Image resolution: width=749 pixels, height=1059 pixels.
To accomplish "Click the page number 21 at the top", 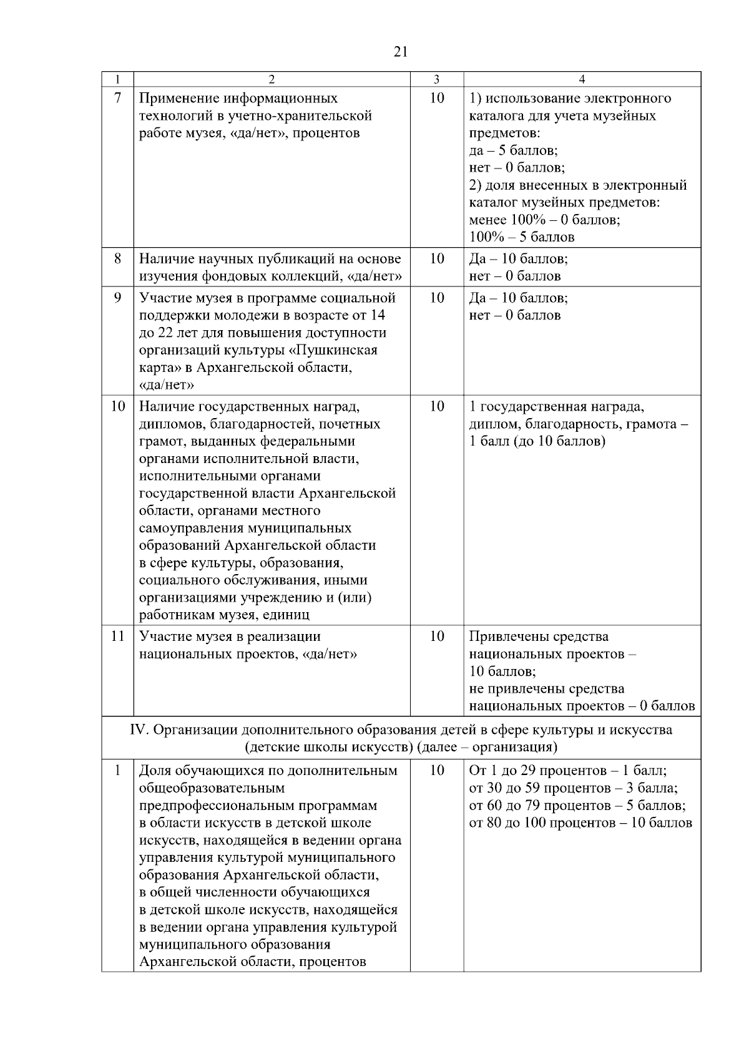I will (x=401, y=52).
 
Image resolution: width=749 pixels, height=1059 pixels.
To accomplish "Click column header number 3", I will (x=436, y=79).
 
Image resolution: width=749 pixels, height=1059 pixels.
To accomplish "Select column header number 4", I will (x=582, y=79).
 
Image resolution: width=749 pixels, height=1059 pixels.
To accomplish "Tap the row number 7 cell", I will (x=118, y=99).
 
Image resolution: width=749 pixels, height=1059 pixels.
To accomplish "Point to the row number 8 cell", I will (x=118, y=258).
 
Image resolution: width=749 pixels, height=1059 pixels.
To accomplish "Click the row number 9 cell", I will (x=118, y=298).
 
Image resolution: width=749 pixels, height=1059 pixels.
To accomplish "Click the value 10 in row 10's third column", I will (x=437, y=407).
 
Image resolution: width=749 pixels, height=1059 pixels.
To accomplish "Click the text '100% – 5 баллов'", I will (x=522, y=237).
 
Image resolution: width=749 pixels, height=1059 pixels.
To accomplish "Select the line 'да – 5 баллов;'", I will (x=513, y=150).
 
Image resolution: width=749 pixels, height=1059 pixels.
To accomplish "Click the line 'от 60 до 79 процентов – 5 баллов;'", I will (x=577, y=806).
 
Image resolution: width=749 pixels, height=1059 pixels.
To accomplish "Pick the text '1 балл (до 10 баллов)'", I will (x=537, y=442).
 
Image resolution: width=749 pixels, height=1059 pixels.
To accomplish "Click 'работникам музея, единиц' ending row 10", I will (x=224, y=615).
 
